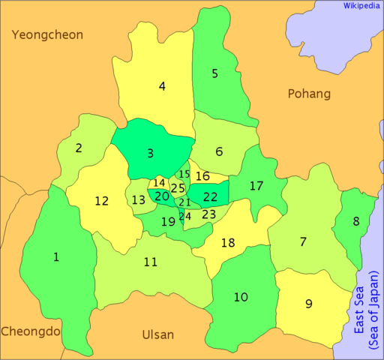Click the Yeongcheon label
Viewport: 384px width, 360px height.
[x=46, y=34]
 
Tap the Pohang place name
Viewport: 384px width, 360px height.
[x=309, y=94]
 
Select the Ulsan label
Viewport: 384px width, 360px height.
[x=157, y=334]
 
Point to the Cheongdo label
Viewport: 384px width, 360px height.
[x=30, y=331]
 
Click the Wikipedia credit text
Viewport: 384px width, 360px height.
[x=361, y=5]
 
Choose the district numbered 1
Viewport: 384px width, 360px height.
[x=56, y=257]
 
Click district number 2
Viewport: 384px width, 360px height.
[x=79, y=148]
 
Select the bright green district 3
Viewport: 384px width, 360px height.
[x=150, y=153]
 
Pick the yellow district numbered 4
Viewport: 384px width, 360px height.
[x=162, y=85]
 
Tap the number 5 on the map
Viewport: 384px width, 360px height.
[x=214, y=73]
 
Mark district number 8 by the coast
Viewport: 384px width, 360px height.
[x=356, y=220]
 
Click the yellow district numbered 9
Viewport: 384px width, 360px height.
[x=308, y=304]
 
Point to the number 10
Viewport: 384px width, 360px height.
[x=240, y=297]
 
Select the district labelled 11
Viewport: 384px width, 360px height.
[x=151, y=262]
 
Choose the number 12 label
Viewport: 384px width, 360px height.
[x=102, y=200]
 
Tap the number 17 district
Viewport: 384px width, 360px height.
[x=256, y=185]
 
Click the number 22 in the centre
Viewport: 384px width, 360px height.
[x=211, y=196]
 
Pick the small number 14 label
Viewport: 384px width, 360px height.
[x=159, y=182]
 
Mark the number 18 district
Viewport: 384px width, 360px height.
[x=228, y=242]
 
